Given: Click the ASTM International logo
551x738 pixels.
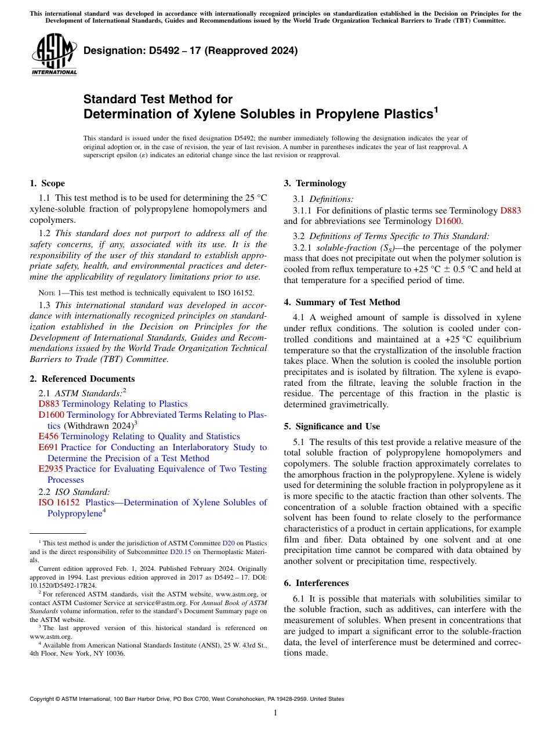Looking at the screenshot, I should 54,55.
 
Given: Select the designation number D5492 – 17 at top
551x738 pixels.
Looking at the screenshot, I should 190,50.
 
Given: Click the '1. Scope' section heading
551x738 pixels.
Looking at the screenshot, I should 47,183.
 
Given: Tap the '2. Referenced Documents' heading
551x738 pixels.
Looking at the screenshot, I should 82,379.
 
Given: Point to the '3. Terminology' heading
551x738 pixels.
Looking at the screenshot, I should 315,183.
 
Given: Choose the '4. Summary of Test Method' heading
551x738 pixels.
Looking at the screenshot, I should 342,302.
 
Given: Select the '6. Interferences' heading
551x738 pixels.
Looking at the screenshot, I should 316,583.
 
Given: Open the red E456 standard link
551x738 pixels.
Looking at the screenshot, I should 48,436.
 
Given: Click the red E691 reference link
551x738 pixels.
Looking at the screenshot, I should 48,447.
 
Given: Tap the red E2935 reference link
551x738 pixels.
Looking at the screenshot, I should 50,469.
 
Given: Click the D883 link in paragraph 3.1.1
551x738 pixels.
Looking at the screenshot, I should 510,210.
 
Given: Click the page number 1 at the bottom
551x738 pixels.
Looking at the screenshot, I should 275,712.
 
